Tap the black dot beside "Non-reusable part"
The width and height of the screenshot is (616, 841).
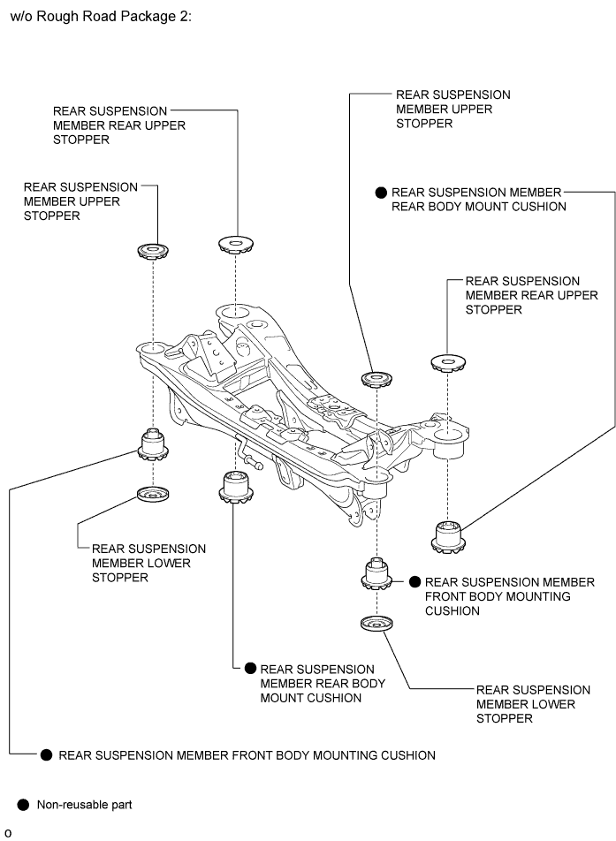(x=22, y=805)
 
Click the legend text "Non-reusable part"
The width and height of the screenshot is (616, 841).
(x=84, y=805)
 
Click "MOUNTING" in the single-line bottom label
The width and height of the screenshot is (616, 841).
(x=300, y=755)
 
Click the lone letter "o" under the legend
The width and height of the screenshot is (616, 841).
(x=8, y=833)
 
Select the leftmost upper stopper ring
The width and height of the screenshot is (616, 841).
(x=154, y=252)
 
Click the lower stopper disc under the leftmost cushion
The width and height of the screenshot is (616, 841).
(x=154, y=493)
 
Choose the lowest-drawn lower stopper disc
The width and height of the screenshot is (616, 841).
(x=376, y=625)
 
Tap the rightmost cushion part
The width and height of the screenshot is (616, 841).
(x=448, y=536)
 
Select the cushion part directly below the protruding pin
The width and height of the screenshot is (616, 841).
(x=236, y=489)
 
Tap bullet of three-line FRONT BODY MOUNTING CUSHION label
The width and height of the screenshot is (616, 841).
(x=414, y=582)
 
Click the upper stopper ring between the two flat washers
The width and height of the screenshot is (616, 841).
(x=377, y=380)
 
